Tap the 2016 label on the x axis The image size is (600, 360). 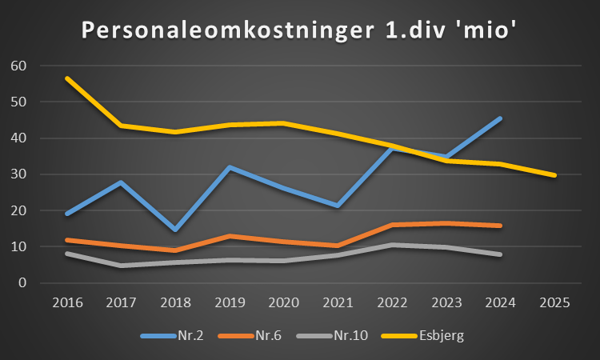(68, 303)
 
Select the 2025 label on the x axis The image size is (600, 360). (554, 303)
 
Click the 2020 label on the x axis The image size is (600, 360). (284, 303)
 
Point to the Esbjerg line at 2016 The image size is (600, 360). (68, 78)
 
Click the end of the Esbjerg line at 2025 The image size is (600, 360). (554, 175)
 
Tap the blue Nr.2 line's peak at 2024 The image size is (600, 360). (500, 118)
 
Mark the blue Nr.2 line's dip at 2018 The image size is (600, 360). (176, 230)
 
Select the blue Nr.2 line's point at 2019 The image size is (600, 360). (230, 167)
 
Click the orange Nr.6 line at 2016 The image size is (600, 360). (68, 240)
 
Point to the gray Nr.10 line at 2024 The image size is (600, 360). (500, 254)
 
